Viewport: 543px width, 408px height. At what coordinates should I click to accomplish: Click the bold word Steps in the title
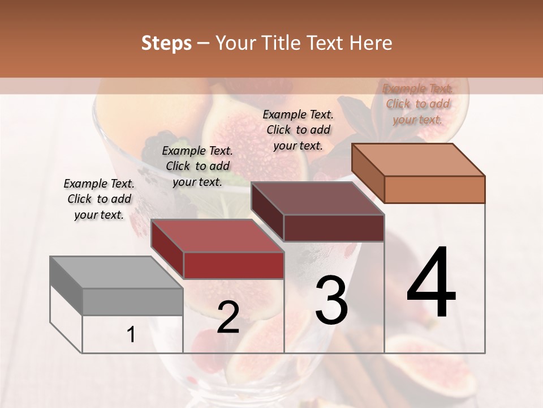166,43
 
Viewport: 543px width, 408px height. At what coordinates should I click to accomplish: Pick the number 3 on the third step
331,300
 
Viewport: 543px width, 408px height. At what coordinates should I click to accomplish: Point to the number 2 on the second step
228,317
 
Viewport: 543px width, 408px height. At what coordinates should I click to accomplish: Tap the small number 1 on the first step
131,335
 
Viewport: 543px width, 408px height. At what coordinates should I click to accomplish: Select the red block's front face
234,265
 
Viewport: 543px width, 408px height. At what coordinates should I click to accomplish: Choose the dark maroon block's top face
317,198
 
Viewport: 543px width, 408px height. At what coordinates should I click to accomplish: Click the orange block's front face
434,189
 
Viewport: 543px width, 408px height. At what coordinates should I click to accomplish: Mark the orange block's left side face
368,173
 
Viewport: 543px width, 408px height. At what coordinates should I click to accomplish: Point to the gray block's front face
132,302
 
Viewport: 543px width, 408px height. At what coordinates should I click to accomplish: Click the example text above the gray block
99,199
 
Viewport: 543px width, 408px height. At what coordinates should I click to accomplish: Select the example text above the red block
197,166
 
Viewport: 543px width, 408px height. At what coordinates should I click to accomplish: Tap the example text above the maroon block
298,130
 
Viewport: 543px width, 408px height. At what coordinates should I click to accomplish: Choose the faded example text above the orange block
417,104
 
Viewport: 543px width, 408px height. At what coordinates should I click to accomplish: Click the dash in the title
203,43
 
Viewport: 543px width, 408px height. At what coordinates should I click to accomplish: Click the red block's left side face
167,249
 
